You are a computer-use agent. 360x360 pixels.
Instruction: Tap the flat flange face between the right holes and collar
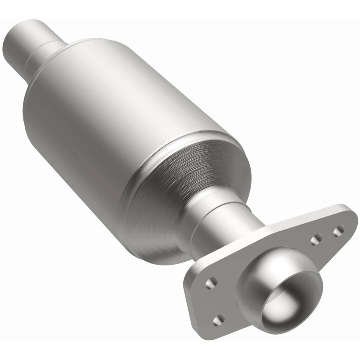(301, 256)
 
